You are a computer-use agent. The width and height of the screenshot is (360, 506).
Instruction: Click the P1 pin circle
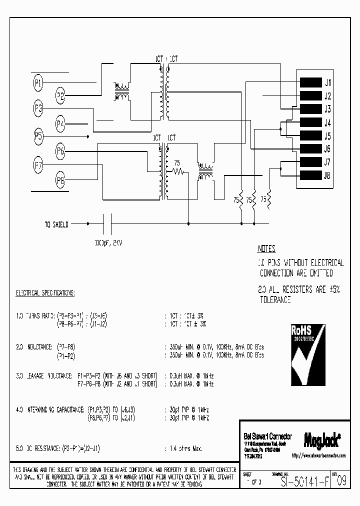coord(38,83)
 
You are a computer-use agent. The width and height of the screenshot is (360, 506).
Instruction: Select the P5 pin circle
coord(38,135)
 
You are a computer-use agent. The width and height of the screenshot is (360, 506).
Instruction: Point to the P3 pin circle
coord(38,108)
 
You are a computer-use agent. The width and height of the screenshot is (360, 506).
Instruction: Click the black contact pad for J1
coord(310,83)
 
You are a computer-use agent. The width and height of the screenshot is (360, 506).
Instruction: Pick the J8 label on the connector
coord(327,175)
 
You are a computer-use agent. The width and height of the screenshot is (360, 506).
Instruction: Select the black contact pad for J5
coord(310,135)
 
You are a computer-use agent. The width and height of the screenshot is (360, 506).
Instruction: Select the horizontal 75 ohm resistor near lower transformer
coord(177,171)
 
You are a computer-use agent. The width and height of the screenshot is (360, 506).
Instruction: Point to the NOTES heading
coord(266,249)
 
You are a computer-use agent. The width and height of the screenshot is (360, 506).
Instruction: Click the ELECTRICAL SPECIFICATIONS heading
coord(45,292)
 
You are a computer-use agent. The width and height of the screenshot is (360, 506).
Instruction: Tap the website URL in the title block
coord(318,456)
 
